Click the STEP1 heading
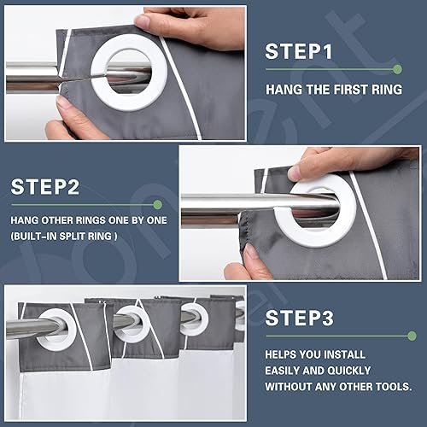[299, 51]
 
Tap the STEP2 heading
[45, 187]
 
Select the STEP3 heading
[299, 318]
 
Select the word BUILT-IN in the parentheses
[34, 237]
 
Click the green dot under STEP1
[397, 69]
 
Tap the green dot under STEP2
[157, 204]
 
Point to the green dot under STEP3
[412, 336]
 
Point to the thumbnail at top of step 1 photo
[143, 20]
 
